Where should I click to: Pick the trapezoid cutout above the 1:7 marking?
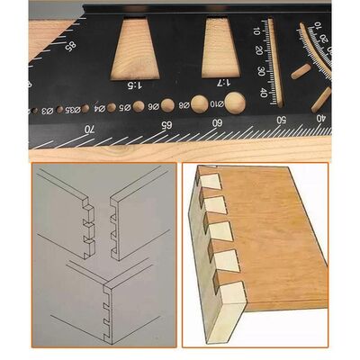coord(219,47)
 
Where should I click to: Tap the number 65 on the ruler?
coord(165,124)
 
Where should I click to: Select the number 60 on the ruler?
coord(216,122)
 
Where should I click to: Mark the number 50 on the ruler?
coord(282,119)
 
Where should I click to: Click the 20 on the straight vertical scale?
coord(261,52)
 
